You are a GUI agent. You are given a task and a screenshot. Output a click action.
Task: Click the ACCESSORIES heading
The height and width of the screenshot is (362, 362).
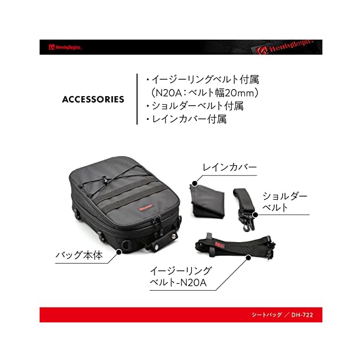pyautogui.click(x=93, y=100)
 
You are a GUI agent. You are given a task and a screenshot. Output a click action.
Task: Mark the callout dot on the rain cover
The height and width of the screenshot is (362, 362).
pyautogui.click(x=194, y=183)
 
